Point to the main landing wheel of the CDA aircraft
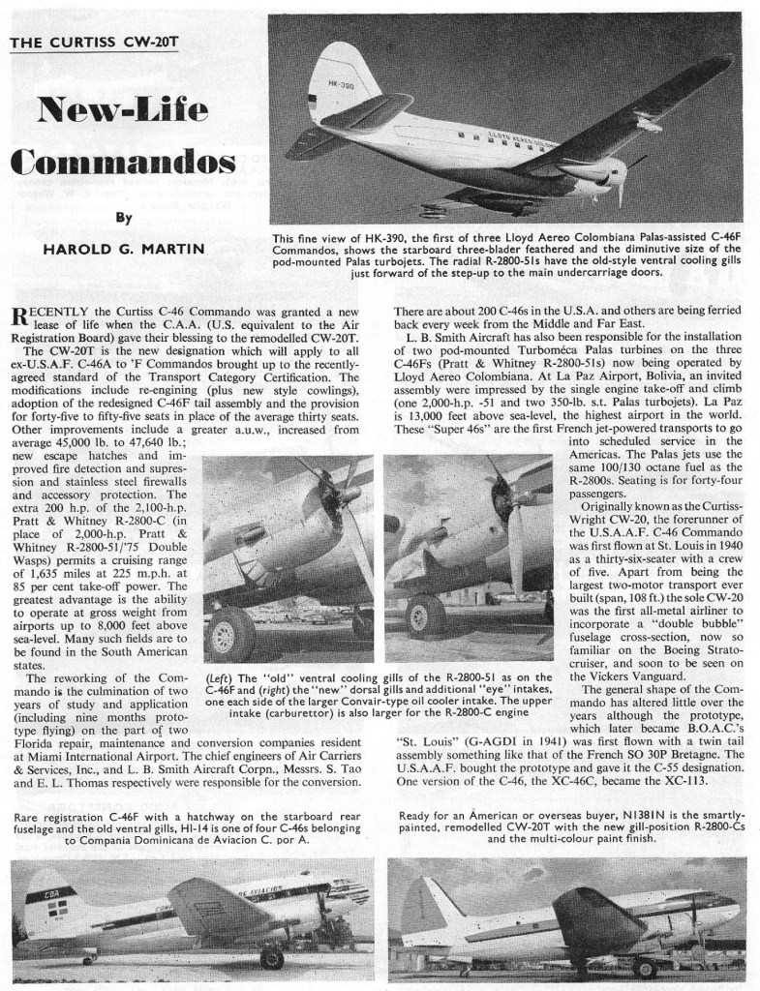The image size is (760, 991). [x=271, y=958]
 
